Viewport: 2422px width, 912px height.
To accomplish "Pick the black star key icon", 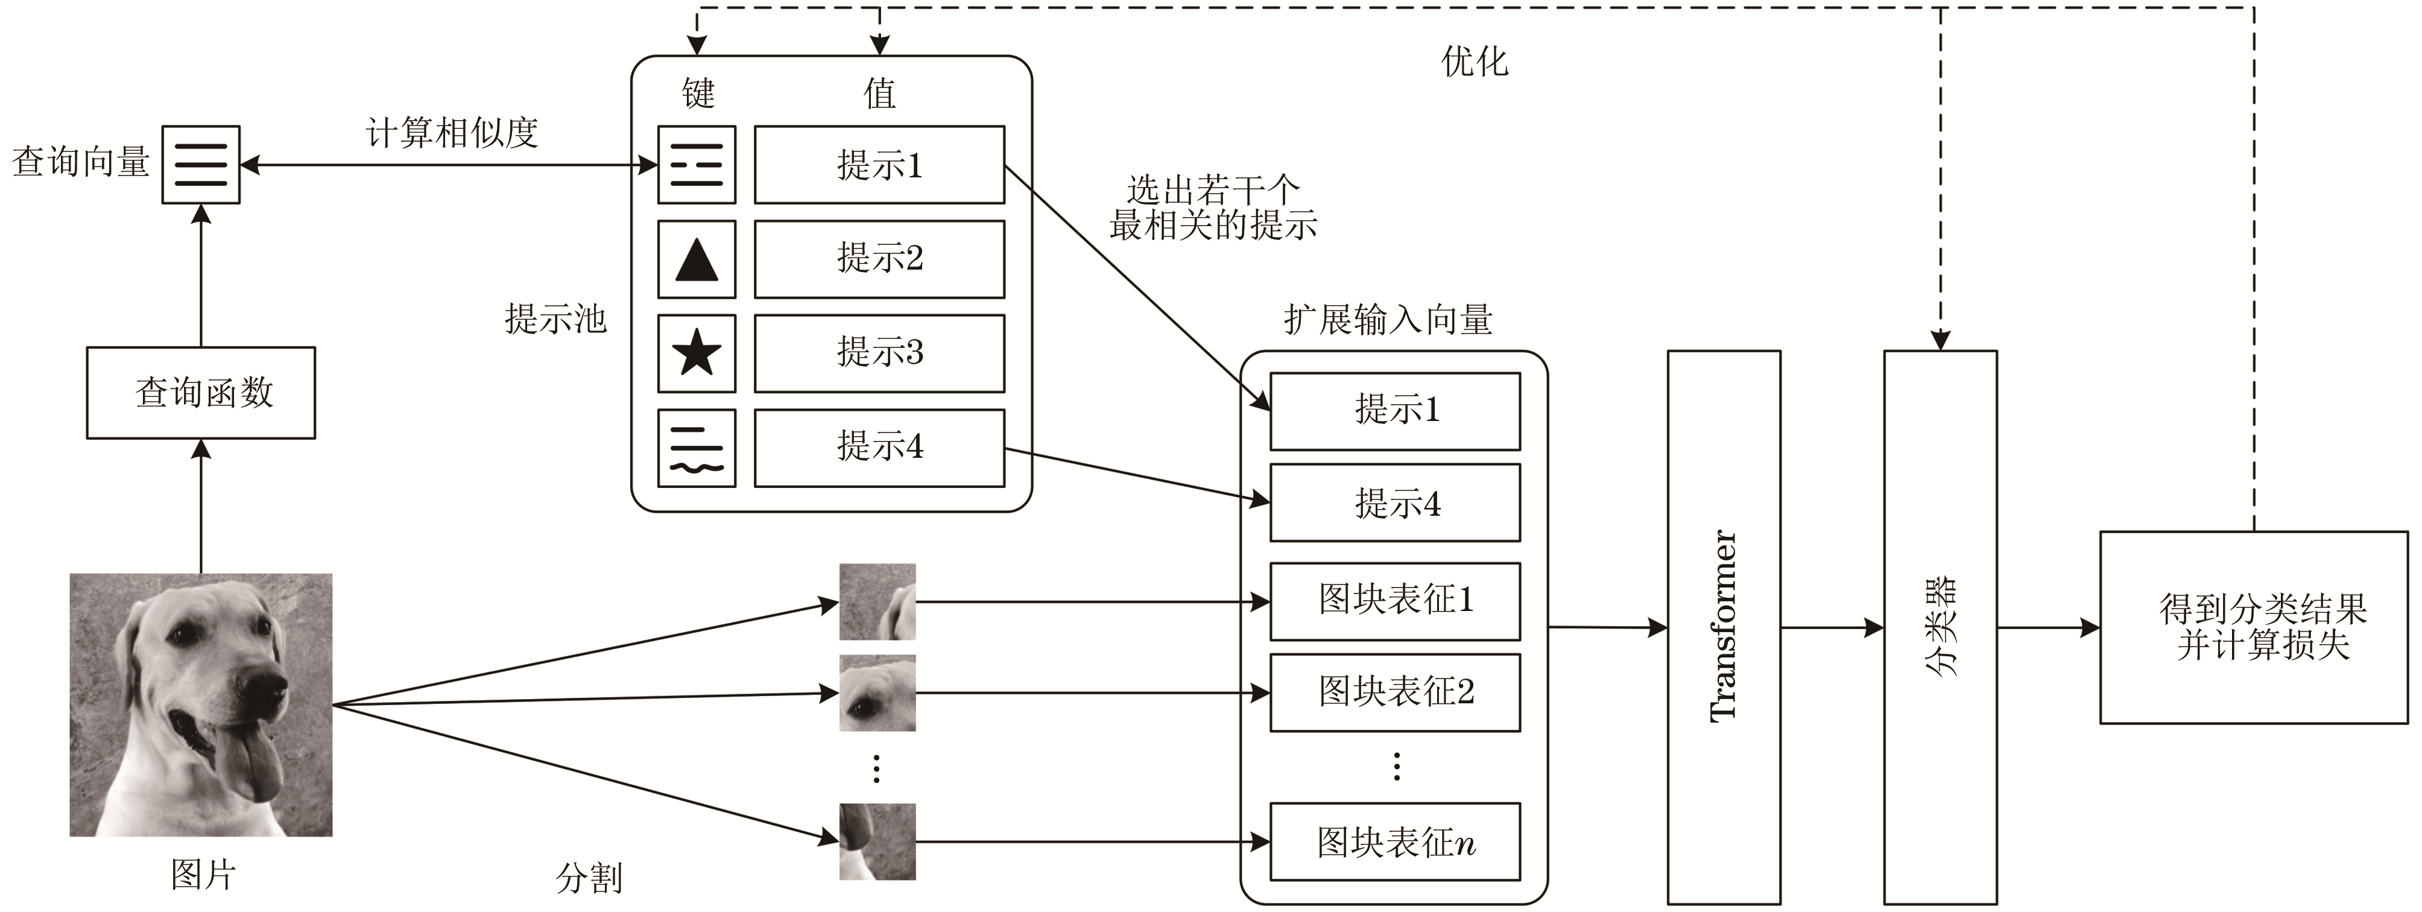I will [x=697, y=353].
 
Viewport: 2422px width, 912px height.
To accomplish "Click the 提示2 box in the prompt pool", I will [x=879, y=259].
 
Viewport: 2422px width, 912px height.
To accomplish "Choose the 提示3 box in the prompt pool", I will [x=879, y=353].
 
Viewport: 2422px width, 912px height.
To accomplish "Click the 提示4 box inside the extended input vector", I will [x=1396, y=503].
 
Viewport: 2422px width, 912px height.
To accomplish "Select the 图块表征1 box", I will [x=1396, y=600].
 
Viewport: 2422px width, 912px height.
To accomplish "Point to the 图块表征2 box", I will [x=1396, y=692].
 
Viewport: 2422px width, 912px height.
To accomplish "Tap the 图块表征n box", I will [x=1396, y=841].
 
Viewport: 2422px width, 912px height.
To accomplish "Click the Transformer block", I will [x=1724, y=627].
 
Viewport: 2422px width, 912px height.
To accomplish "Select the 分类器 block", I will [x=1940, y=627].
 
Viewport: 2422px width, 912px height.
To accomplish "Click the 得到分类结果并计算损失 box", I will [x=2254, y=627].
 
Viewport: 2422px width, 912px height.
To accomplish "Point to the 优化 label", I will [x=1475, y=62].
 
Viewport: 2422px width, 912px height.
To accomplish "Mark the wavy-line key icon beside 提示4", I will [x=697, y=448].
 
